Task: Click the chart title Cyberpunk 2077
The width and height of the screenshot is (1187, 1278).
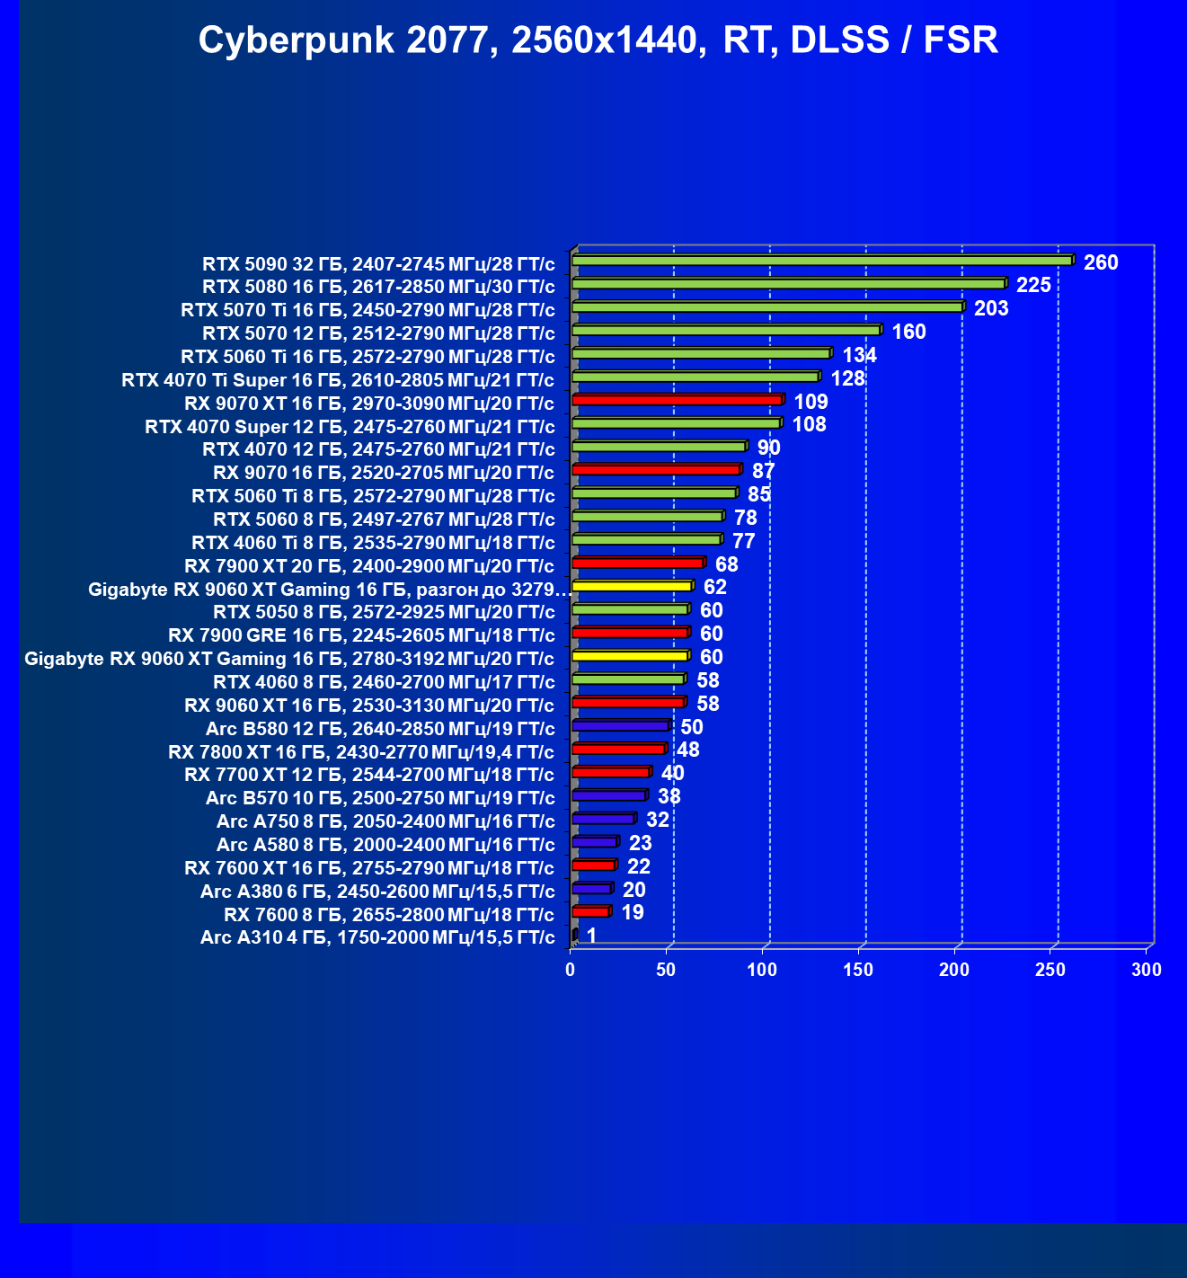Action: click(598, 40)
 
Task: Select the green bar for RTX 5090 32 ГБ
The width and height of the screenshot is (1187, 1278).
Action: click(822, 261)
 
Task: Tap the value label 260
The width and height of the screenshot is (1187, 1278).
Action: click(1101, 262)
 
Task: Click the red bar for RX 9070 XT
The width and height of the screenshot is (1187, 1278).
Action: click(677, 400)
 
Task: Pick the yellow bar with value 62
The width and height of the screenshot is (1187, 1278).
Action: click(632, 587)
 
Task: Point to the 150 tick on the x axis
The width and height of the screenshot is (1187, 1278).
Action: click(858, 970)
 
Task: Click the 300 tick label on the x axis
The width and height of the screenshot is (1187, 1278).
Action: click(1147, 970)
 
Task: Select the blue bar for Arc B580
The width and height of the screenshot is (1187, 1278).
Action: click(620, 726)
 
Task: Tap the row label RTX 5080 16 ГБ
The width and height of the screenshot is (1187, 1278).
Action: click(378, 287)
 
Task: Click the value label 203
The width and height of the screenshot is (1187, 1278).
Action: click(991, 308)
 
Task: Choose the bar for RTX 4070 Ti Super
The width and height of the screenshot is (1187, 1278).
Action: click(695, 377)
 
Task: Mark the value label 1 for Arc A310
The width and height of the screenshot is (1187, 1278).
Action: click(591, 936)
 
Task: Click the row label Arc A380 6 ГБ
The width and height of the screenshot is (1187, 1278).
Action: click(377, 891)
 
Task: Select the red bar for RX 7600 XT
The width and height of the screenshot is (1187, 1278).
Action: click(593, 865)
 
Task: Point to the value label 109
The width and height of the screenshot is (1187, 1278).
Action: click(811, 402)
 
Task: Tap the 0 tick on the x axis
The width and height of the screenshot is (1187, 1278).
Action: click(571, 970)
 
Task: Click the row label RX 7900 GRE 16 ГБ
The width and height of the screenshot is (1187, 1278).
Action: click(361, 635)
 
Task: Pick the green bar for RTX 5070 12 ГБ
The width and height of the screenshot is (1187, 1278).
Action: click(726, 331)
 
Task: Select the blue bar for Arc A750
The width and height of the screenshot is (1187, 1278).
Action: click(603, 819)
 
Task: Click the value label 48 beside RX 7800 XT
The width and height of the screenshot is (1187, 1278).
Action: click(687, 750)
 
